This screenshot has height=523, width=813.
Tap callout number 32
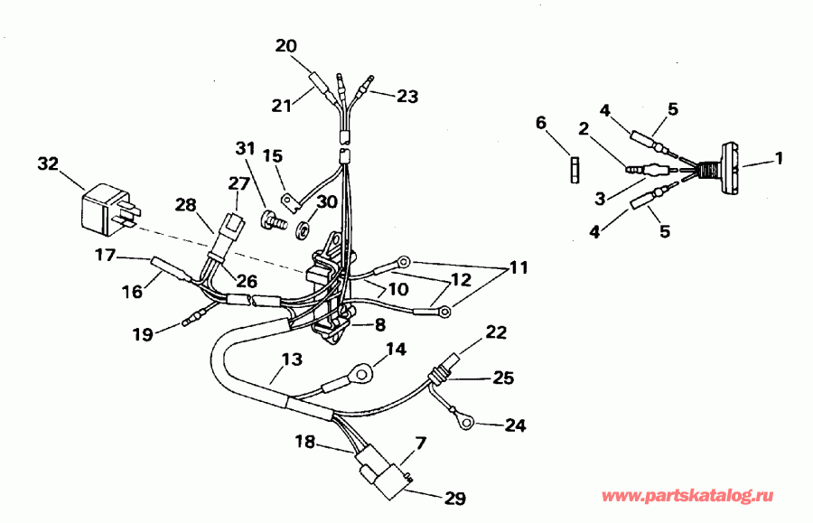click(47, 163)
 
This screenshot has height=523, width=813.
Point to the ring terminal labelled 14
click(362, 370)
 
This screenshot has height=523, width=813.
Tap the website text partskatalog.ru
click(687, 497)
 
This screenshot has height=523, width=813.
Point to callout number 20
click(285, 45)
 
